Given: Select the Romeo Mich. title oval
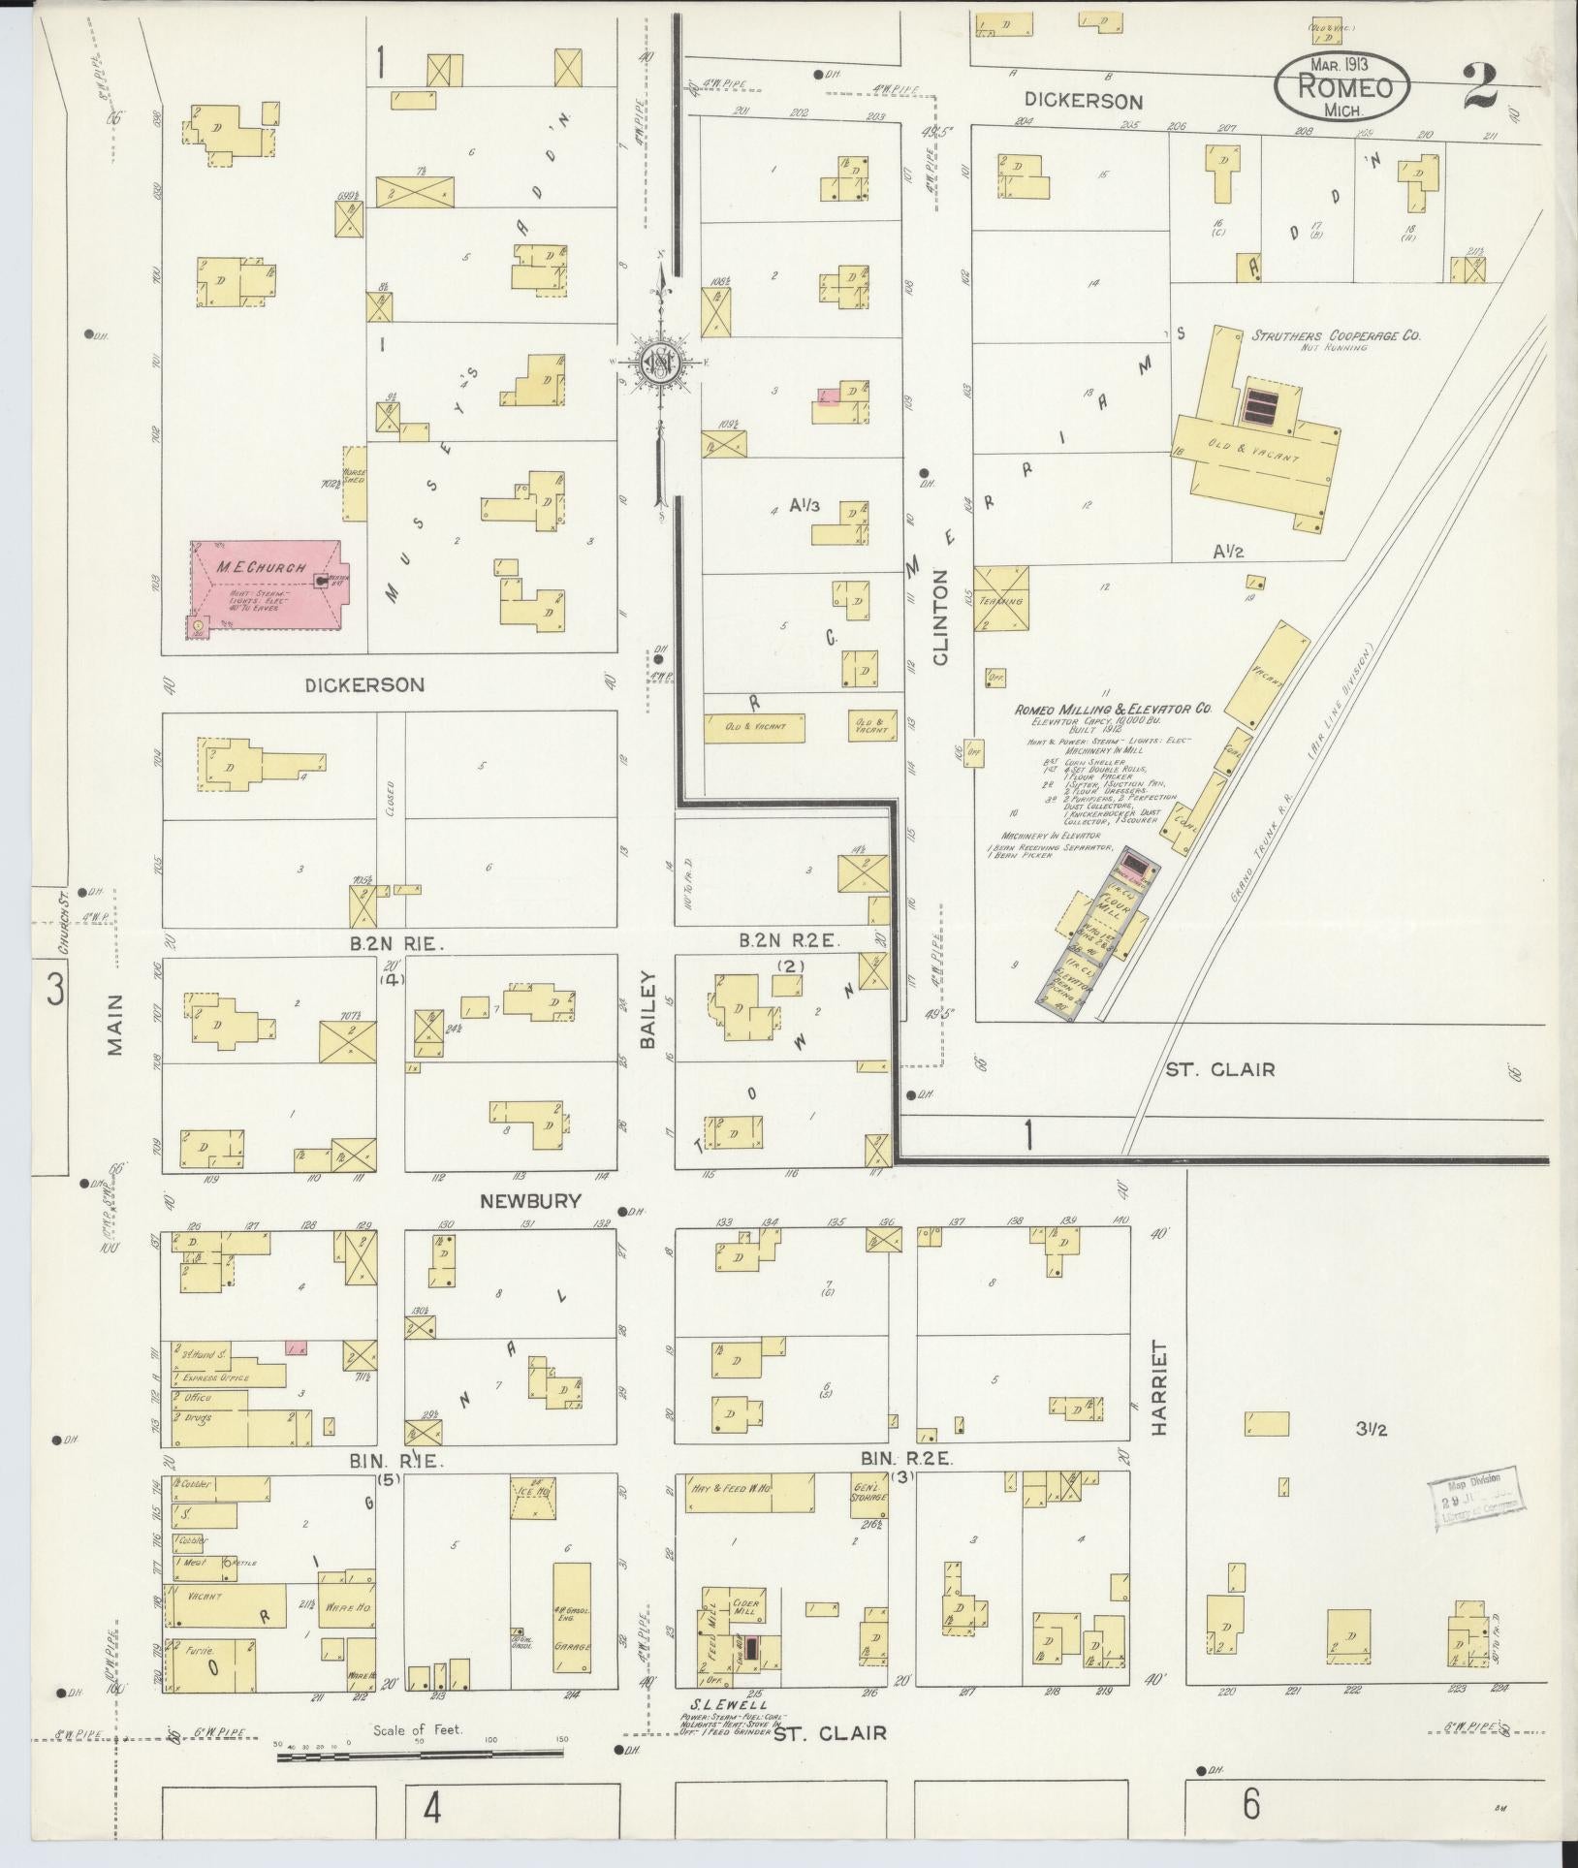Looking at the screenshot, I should (1341, 87).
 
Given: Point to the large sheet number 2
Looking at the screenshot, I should (1481, 85).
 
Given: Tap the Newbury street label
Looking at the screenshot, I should (530, 1201).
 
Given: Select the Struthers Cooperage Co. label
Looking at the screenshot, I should (1335, 336).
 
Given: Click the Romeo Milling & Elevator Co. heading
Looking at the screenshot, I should (1113, 711).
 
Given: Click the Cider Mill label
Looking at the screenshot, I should (744, 1605).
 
